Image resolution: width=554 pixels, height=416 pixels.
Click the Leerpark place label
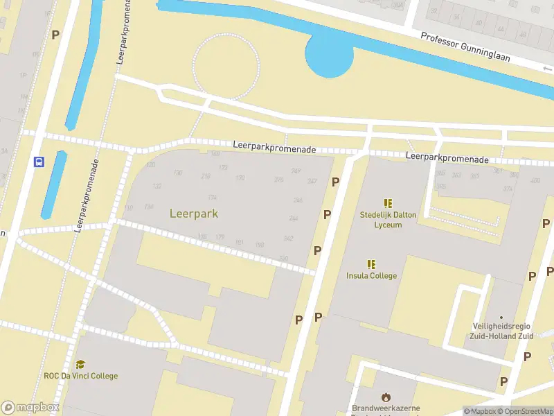194,214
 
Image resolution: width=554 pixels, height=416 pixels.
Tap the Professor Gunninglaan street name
465,46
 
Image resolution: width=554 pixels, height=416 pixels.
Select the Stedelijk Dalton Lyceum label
388,220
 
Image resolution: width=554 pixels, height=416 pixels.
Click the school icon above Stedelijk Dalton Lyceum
388,203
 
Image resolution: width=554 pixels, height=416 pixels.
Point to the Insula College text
372,276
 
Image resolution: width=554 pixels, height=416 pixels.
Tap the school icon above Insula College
372,264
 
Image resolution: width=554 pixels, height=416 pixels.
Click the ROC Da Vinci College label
81,376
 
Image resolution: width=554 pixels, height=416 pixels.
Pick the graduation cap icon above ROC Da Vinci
81,364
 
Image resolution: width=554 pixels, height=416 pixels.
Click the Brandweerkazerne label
386,408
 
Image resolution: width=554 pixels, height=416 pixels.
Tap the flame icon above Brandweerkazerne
386,395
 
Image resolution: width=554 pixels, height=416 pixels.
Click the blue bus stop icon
39,162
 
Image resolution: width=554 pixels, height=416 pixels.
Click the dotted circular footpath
226,66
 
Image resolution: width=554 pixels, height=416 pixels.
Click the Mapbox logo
30,408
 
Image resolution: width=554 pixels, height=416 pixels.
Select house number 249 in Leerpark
296,171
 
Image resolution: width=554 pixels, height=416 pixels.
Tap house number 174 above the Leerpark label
212,197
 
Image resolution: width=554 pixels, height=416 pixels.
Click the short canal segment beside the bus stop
54,184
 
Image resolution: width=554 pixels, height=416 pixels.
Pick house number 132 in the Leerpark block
157,187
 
